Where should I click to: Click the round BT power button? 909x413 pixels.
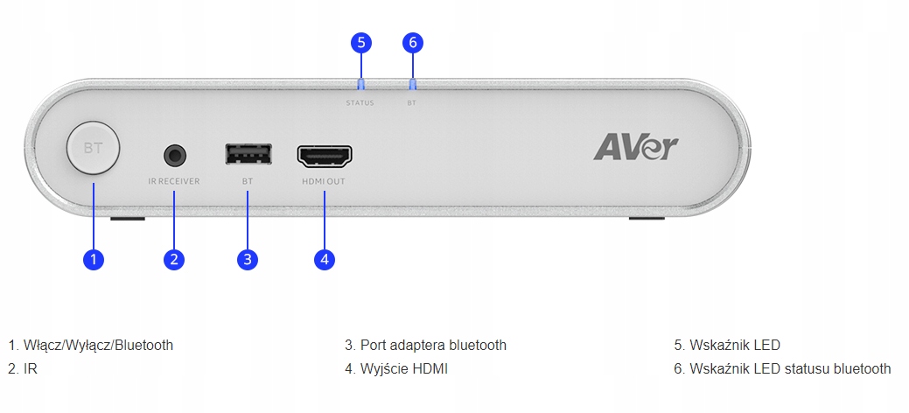(94, 148)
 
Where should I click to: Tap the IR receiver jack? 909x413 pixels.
(175, 156)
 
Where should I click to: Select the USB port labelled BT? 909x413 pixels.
(248, 154)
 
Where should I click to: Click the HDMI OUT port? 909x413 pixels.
(325, 156)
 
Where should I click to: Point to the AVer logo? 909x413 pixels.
(635, 147)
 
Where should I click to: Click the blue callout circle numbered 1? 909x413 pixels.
(94, 259)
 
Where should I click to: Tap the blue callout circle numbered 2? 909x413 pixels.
(174, 259)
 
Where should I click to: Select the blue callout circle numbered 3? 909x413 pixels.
(248, 259)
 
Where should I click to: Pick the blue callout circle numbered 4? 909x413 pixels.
(325, 259)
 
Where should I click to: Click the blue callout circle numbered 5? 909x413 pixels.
(361, 42)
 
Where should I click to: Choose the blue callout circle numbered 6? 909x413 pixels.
(413, 42)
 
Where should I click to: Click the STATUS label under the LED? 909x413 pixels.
(360, 103)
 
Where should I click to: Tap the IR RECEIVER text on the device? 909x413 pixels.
(174, 181)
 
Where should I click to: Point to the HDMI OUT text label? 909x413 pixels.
(324, 181)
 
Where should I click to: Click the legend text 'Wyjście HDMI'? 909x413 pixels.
(404, 369)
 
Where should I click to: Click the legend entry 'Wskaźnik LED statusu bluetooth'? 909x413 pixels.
(782, 369)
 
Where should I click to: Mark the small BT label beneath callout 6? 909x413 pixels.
(411, 103)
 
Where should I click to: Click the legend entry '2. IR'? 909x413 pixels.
(23, 369)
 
